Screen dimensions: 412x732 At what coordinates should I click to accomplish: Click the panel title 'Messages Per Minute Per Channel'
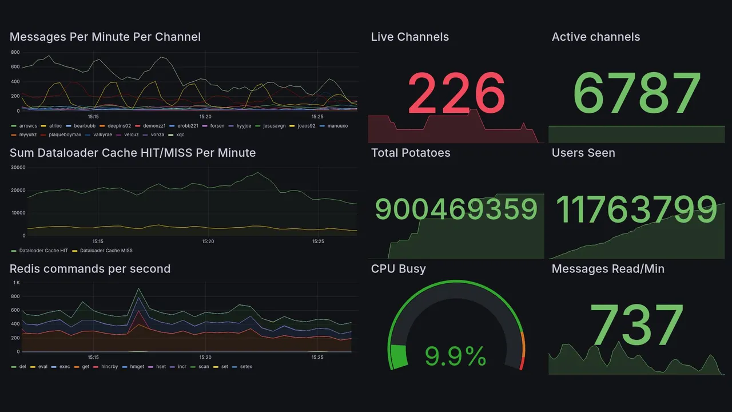105,37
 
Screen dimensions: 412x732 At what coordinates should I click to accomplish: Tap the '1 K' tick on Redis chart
17,283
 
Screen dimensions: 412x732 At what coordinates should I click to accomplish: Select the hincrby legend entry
108,367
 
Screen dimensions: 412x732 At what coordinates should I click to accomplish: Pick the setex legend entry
246,367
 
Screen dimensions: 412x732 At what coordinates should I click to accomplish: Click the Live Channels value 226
456,93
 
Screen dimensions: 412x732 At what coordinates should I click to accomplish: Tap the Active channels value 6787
636,93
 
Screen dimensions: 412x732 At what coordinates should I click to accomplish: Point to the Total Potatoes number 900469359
456,209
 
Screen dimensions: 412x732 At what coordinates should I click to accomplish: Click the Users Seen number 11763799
636,209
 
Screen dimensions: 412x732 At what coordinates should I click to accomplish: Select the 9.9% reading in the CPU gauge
456,357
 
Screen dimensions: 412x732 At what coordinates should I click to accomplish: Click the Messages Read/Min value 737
636,325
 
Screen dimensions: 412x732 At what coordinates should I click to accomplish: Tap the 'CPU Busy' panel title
398,269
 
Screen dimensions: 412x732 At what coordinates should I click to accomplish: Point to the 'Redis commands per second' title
90,269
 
